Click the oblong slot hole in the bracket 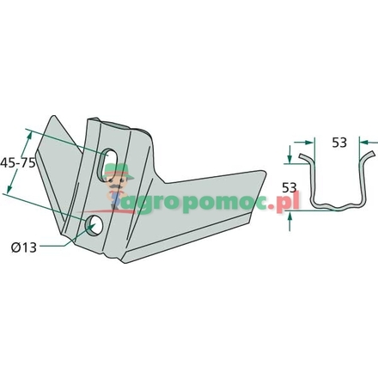(107, 164)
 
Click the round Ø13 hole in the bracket (94, 225)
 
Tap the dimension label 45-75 (18, 162)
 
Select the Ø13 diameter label (24, 247)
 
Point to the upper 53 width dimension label (339, 143)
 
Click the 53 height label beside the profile (290, 188)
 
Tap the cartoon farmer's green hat (119, 172)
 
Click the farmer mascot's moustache (118, 187)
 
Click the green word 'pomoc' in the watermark (224, 204)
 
